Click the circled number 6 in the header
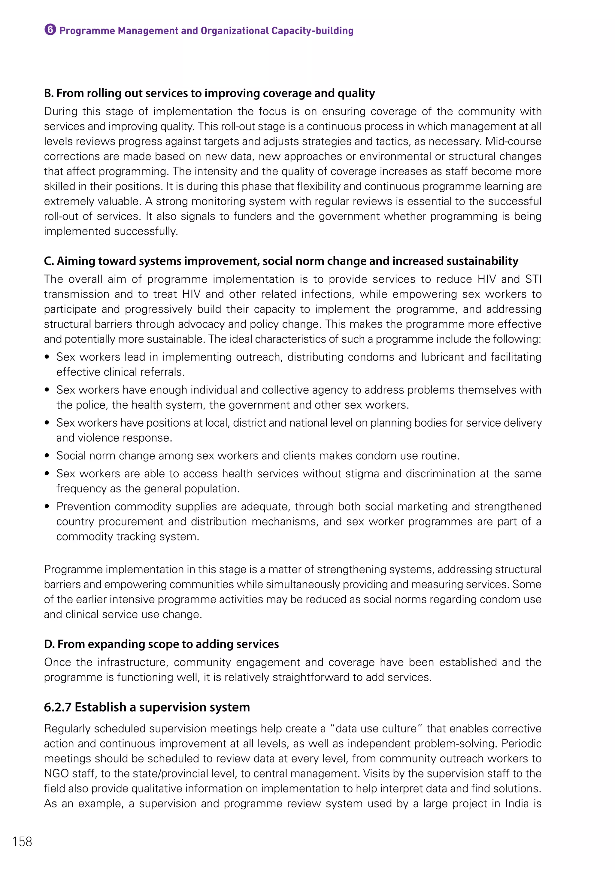click(50, 30)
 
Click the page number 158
click(22, 841)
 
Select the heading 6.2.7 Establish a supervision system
click(147, 707)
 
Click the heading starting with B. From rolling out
click(209, 93)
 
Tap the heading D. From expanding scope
click(161, 644)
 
